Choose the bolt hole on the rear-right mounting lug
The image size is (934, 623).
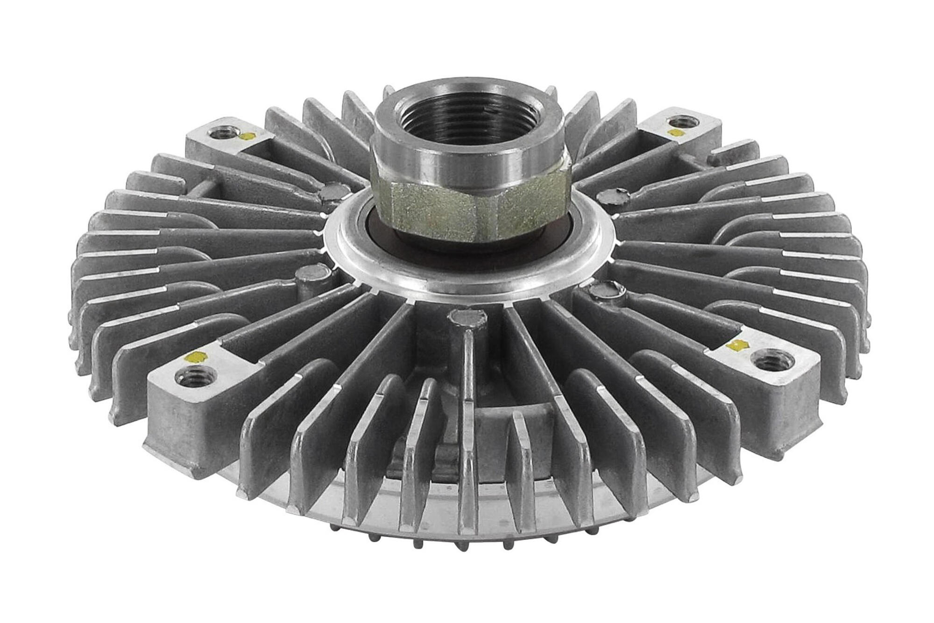coord(683,123)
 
